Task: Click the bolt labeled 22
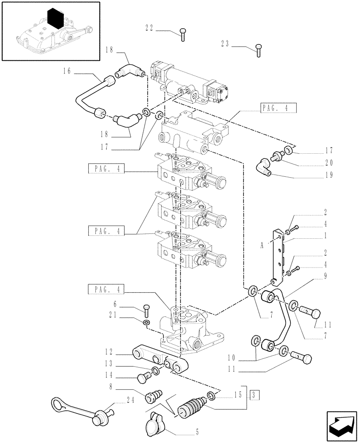pyautogui.click(x=183, y=34)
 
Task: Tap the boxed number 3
pyautogui.click(x=251, y=394)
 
